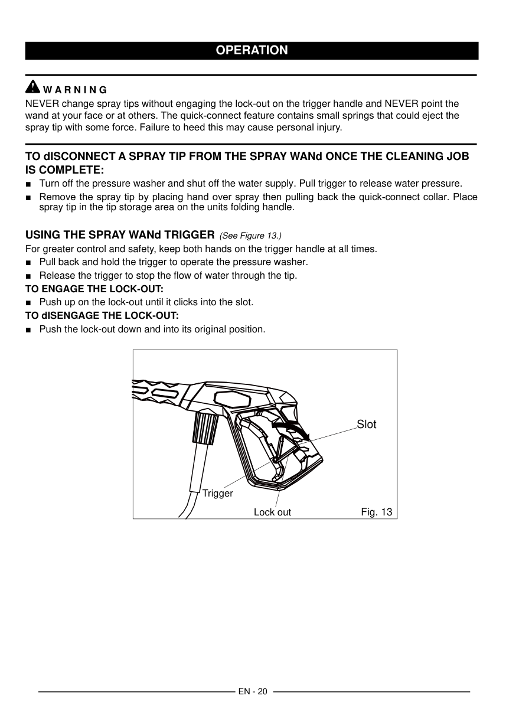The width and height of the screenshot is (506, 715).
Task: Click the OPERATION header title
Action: point(252,51)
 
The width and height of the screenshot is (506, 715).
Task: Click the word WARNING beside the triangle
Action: point(75,90)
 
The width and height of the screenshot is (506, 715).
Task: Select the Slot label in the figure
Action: point(366,425)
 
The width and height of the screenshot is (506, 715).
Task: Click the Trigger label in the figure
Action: point(218,494)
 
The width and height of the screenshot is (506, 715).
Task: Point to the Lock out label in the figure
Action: point(272,512)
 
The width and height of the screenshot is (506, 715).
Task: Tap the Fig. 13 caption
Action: point(376,512)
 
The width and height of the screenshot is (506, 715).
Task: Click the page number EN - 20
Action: point(253,691)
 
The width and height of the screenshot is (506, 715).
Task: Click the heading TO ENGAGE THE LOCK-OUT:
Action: point(94,289)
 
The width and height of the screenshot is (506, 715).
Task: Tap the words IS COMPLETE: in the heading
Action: point(64,170)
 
